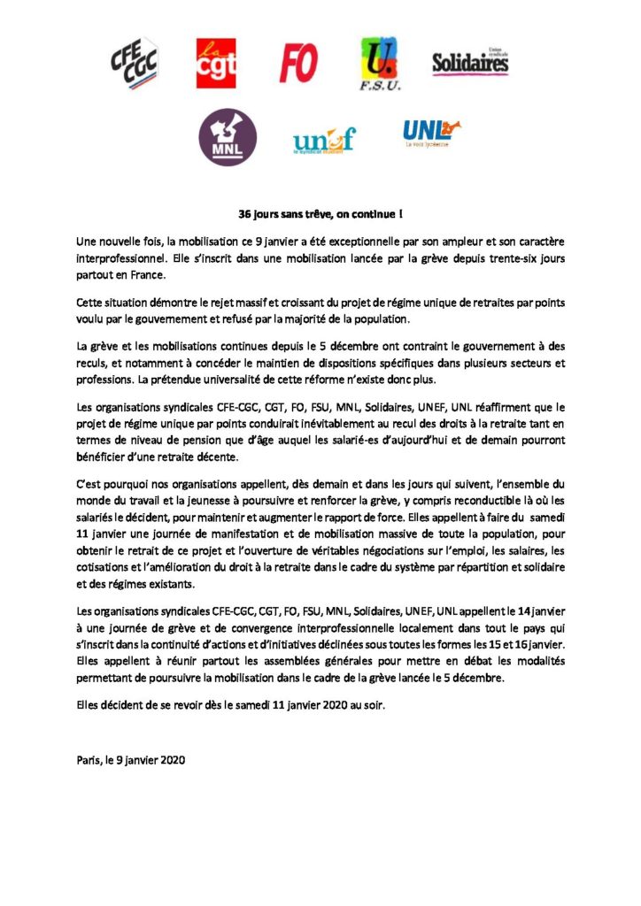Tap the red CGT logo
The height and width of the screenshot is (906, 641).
216,64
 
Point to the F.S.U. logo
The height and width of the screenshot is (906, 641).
381,64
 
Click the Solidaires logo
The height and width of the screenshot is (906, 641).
470,62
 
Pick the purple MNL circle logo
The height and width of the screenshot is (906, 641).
228,138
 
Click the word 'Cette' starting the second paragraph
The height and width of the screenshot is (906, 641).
91,302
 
